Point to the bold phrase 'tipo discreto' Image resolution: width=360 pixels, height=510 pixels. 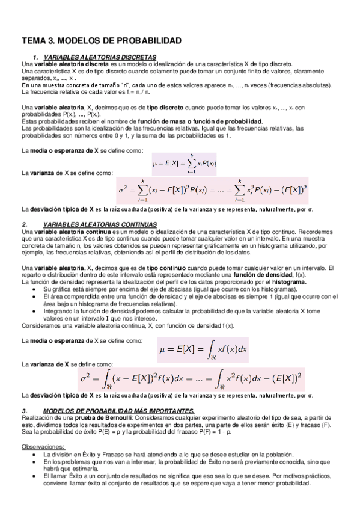coord(145,108)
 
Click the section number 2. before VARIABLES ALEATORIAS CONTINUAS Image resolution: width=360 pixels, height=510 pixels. coord(23,224)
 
